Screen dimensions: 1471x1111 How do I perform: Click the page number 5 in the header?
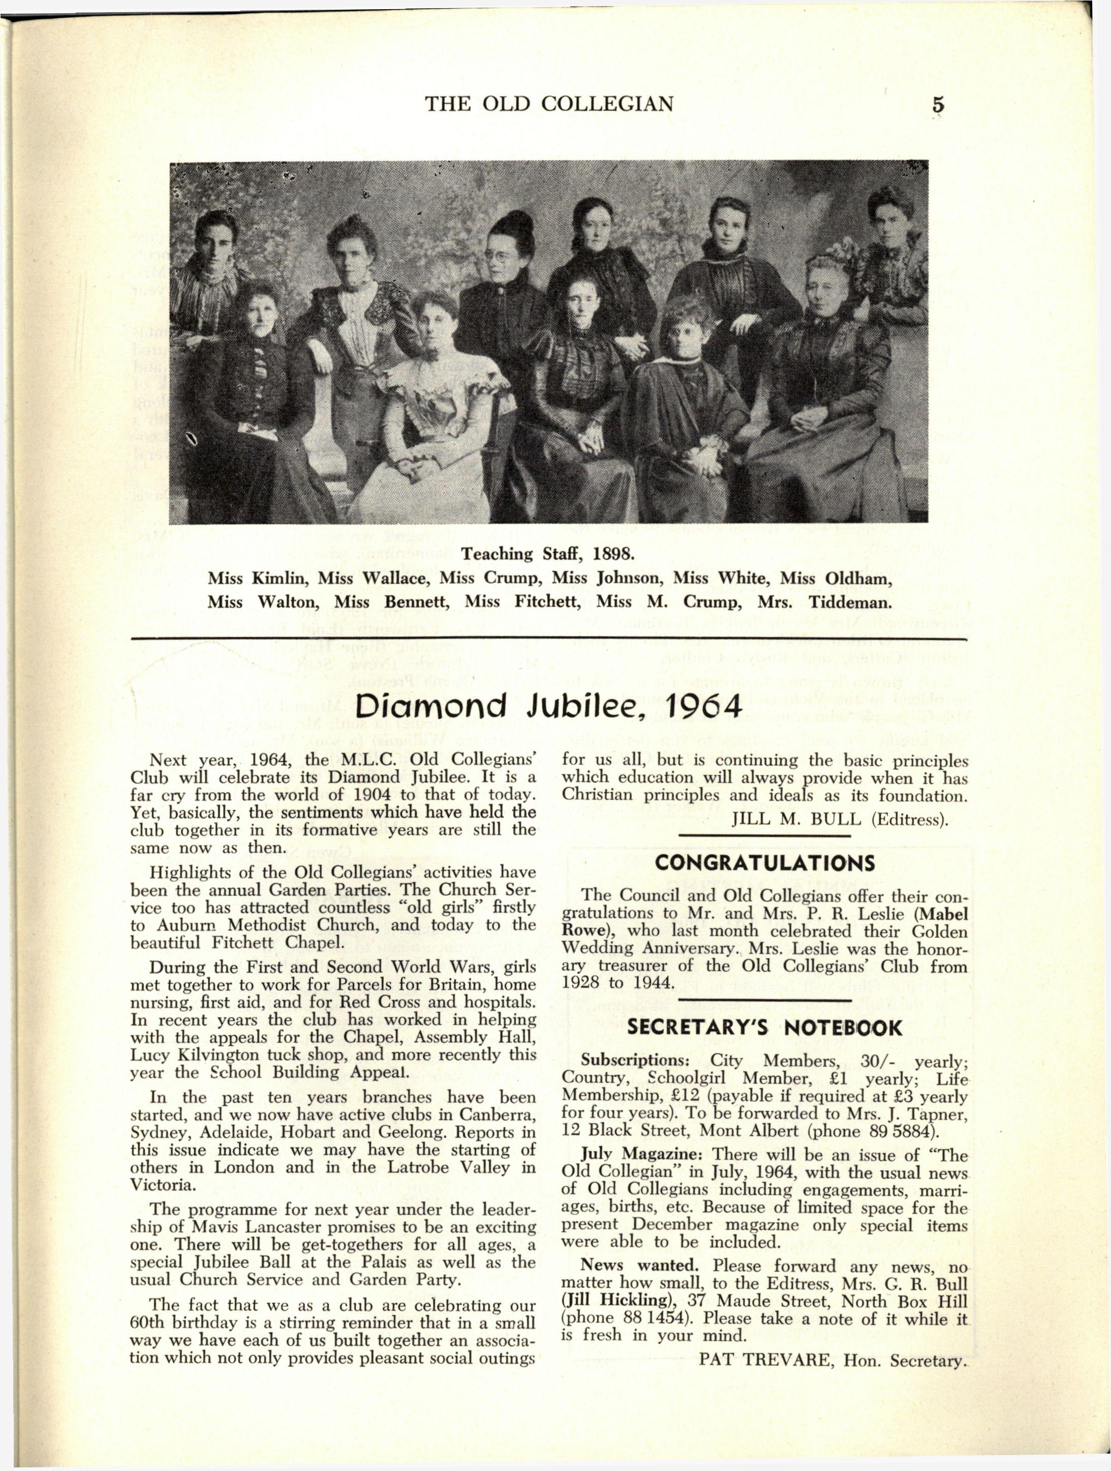938,105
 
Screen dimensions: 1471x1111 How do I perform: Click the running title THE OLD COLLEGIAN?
549,104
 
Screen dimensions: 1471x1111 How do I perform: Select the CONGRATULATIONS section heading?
764,864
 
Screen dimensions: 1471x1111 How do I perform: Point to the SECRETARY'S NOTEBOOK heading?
764,1029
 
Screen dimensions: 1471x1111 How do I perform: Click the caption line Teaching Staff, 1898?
549,554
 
